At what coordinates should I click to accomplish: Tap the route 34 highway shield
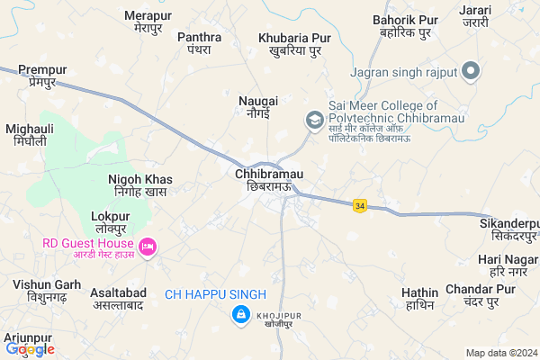[360, 205]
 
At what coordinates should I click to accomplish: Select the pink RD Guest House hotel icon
[148, 245]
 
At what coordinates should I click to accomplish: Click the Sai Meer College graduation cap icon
[314, 119]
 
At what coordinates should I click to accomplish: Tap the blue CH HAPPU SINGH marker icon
[240, 314]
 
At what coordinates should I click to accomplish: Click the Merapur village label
[148, 22]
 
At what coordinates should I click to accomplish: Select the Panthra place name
[200, 42]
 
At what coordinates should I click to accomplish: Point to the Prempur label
[42, 76]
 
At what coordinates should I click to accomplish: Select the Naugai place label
[258, 107]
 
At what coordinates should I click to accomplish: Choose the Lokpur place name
[111, 223]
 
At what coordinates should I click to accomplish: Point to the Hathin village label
[419, 299]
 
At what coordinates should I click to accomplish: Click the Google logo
[30, 349]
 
